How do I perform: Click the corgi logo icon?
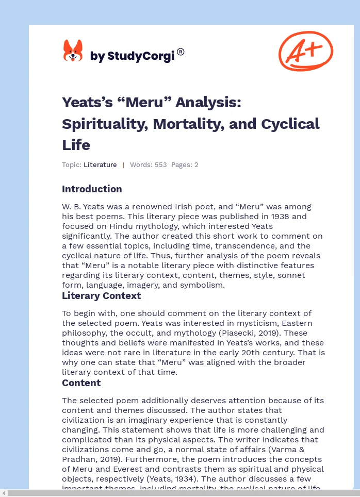[x=73, y=51]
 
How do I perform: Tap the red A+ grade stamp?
[x=305, y=51]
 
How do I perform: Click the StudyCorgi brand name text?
[x=132, y=56]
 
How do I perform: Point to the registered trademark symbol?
[x=181, y=52]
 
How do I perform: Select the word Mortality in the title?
[x=179, y=124]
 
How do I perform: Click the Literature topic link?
[x=100, y=165]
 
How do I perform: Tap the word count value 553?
[x=160, y=165]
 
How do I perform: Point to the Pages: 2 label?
[x=185, y=165]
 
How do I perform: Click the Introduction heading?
[x=92, y=189]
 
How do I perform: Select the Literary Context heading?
[x=101, y=295]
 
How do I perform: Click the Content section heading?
[x=81, y=383]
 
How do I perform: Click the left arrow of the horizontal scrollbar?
[x=4, y=493]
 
